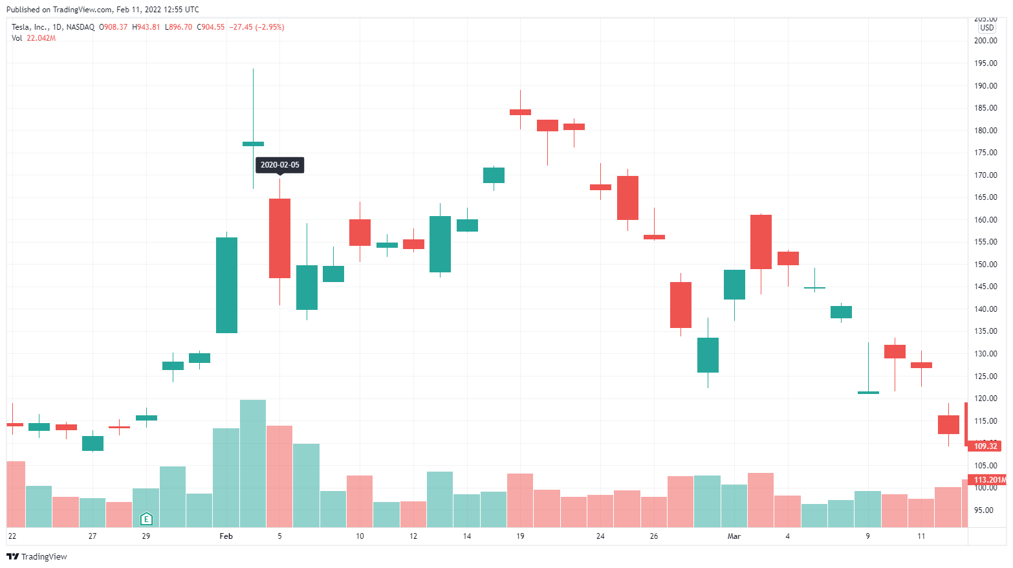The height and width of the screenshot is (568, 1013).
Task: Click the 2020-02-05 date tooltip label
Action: pyautogui.click(x=279, y=165)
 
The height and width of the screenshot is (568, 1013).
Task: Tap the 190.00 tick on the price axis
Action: pyautogui.click(x=986, y=85)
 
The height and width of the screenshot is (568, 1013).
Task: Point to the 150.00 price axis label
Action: pyautogui.click(x=986, y=264)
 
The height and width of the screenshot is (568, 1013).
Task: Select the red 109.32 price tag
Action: pyautogui.click(x=985, y=446)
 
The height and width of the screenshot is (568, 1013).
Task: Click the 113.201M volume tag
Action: pyautogui.click(x=988, y=480)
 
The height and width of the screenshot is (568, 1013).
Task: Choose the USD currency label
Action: pyautogui.click(x=986, y=28)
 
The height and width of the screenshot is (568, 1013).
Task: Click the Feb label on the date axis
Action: pyautogui.click(x=226, y=536)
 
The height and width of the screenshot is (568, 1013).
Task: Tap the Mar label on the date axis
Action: pyautogui.click(x=734, y=536)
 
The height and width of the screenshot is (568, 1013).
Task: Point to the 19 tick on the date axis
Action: pyautogui.click(x=520, y=536)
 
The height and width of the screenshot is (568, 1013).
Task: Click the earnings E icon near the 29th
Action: pyautogui.click(x=146, y=519)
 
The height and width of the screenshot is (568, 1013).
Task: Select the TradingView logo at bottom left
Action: pyautogui.click(x=37, y=556)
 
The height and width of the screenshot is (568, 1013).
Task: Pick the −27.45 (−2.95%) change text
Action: pyautogui.click(x=257, y=27)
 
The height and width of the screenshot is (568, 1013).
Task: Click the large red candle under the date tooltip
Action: pyautogui.click(x=279, y=238)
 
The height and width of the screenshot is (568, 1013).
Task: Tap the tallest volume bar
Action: pyautogui.click(x=253, y=463)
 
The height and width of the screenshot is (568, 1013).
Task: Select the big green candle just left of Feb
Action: pyautogui.click(x=226, y=285)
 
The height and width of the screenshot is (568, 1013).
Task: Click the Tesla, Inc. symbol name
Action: pyautogui.click(x=29, y=27)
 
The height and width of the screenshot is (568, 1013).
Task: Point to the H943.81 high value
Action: pyautogui.click(x=146, y=27)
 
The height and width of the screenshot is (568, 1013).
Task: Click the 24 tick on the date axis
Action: pyautogui.click(x=600, y=536)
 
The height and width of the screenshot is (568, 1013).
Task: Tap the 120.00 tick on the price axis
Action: pyautogui.click(x=986, y=399)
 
